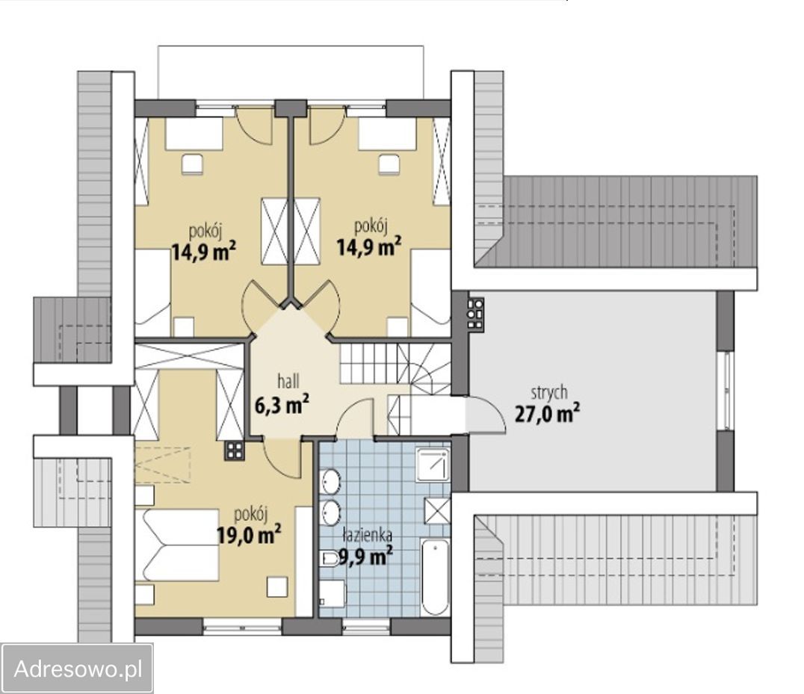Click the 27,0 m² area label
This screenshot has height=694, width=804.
pos(547,413)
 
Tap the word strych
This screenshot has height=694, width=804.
pos(549,393)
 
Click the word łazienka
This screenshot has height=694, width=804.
pos(368,535)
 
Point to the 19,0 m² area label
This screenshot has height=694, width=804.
pos(249,535)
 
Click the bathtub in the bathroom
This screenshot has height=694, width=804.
pos(435,577)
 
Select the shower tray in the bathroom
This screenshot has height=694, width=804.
pos(433,465)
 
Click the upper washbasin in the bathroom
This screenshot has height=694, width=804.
pos(331,481)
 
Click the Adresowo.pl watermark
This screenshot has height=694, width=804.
pos(78,669)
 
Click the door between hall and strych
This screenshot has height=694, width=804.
pos(485,414)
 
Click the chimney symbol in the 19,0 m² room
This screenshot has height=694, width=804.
pos(235,450)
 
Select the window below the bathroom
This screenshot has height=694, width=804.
pos(366,626)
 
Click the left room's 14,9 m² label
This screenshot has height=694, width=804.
pos(203,251)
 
